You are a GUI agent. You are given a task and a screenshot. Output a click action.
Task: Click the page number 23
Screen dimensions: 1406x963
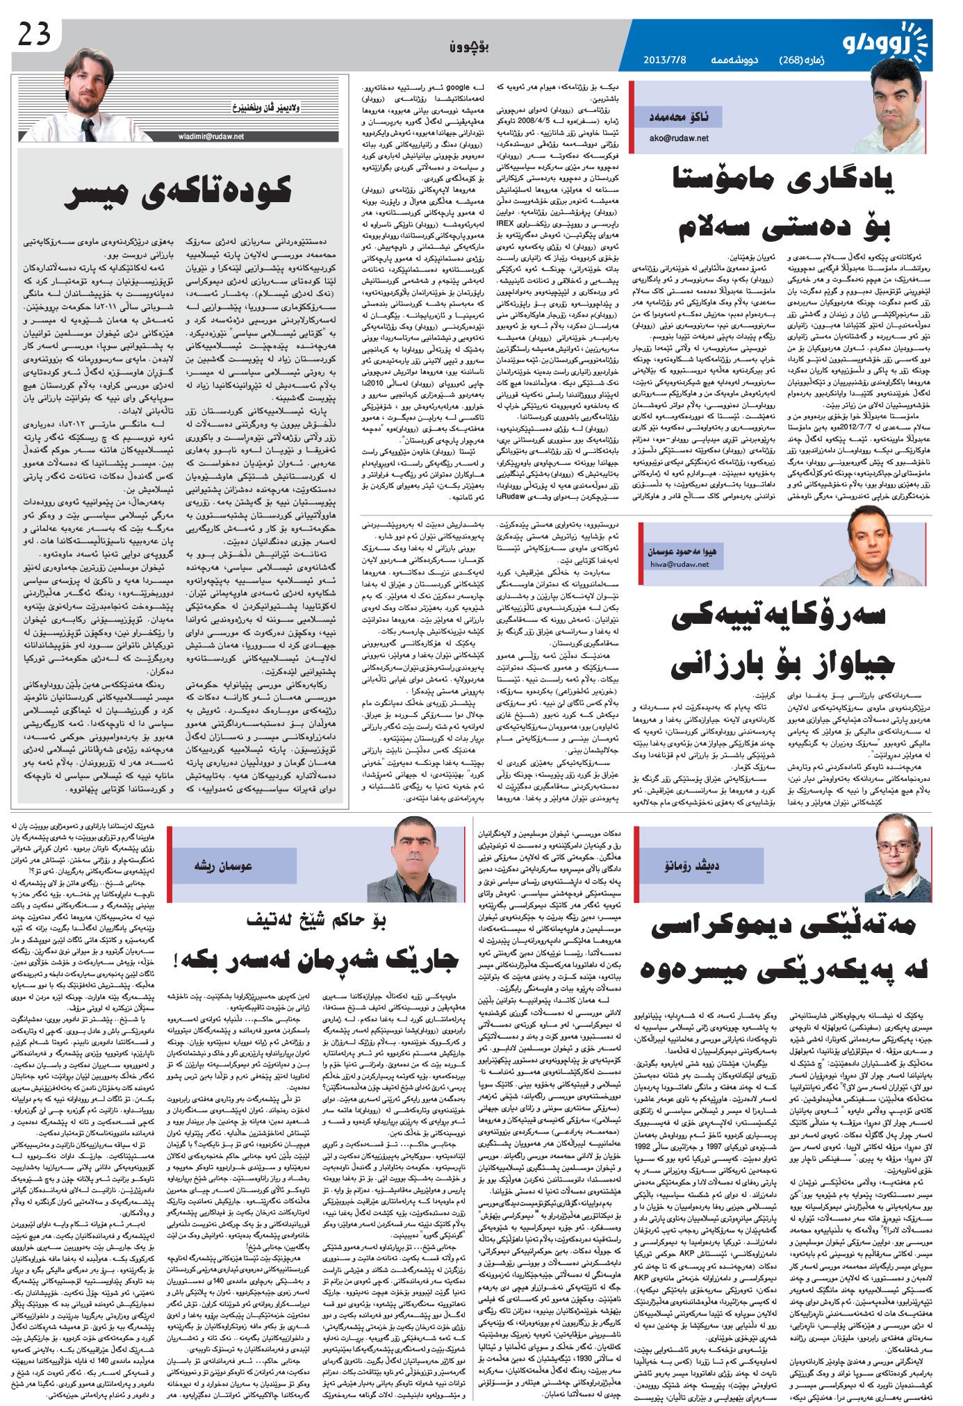[34, 35]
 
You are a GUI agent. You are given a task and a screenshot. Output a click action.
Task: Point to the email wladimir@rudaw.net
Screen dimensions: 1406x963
[209, 137]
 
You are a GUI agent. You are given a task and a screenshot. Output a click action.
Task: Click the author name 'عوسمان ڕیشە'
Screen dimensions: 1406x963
[224, 866]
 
